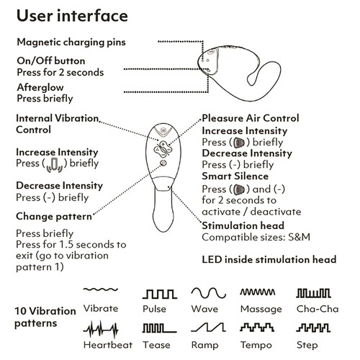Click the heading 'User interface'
(72, 16)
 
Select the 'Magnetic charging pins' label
(71, 42)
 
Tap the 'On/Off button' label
(51, 60)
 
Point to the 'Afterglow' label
(40, 87)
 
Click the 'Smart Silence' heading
(235, 176)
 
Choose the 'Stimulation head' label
(243, 225)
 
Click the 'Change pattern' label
(54, 217)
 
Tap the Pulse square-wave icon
(160, 294)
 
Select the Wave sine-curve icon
(208, 293)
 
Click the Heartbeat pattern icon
(101, 330)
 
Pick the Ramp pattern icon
(208, 328)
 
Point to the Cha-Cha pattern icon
(313, 293)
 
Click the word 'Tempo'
(256, 346)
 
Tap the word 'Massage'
(261, 309)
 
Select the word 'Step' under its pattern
(307, 346)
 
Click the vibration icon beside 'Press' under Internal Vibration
(55, 165)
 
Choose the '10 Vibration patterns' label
(45, 317)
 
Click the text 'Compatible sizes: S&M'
(256, 237)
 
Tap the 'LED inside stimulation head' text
(269, 260)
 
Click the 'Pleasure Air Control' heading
(251, 118)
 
